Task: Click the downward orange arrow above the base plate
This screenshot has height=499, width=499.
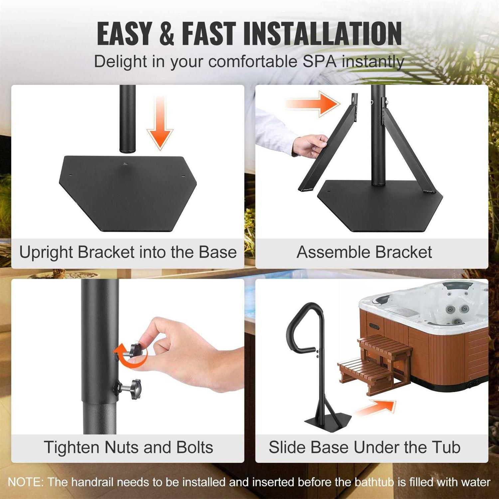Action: (x=160, y=125)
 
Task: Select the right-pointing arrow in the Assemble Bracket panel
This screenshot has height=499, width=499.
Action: (x=313, y=103)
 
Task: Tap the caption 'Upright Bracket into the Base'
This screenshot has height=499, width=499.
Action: (x=128, y=252)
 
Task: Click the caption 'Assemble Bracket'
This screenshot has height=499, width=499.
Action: (x=364, y=252)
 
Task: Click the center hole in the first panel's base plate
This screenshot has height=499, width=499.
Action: (x=125, y=163)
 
